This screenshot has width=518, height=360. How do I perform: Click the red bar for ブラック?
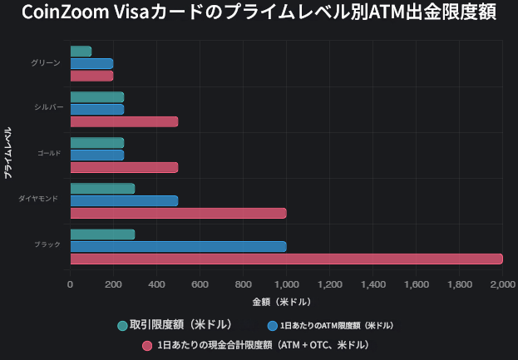(x=286, y=259)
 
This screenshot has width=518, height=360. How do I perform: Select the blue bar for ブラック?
(x=178, y=246)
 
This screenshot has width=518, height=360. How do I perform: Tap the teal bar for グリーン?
(x=81, y=52)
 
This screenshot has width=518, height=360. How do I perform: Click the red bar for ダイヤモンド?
(x=178, y=213)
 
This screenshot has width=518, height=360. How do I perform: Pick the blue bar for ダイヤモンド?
(x=124, y=200)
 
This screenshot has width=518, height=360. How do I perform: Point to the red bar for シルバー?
(x=124, y=121)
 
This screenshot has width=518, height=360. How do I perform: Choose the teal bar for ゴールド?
(x=96, y=143)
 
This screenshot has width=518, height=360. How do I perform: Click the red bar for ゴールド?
(x=124, y=167)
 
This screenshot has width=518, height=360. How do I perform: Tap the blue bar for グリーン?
(x=91, y=63)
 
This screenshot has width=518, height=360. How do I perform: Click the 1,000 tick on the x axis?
(x=286, y=285)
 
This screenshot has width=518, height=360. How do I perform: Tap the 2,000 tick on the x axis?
(x=502, y=285)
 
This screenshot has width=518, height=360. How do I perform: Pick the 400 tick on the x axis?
(x=156, y=285)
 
